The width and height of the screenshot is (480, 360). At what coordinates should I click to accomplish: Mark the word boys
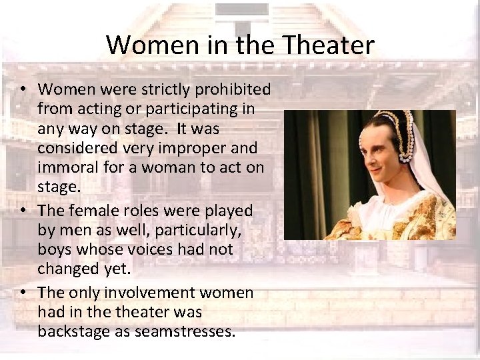click(55, 249)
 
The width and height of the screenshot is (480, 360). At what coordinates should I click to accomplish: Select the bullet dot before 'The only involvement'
click(23, 293)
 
